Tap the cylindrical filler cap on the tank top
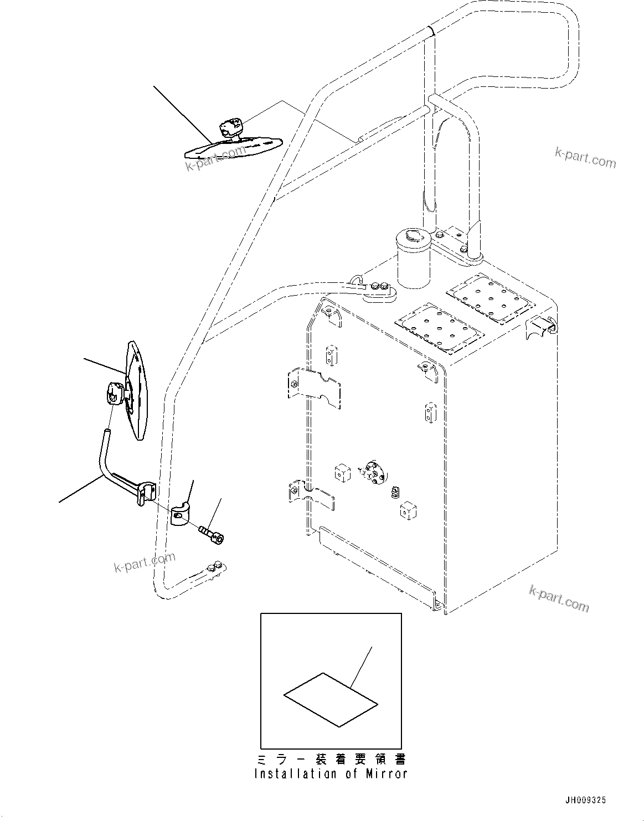tap(411, 260)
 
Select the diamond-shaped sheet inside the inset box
tap(331, 699)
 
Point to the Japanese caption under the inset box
tap(331, 758)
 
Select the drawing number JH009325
tap(585, 801)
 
